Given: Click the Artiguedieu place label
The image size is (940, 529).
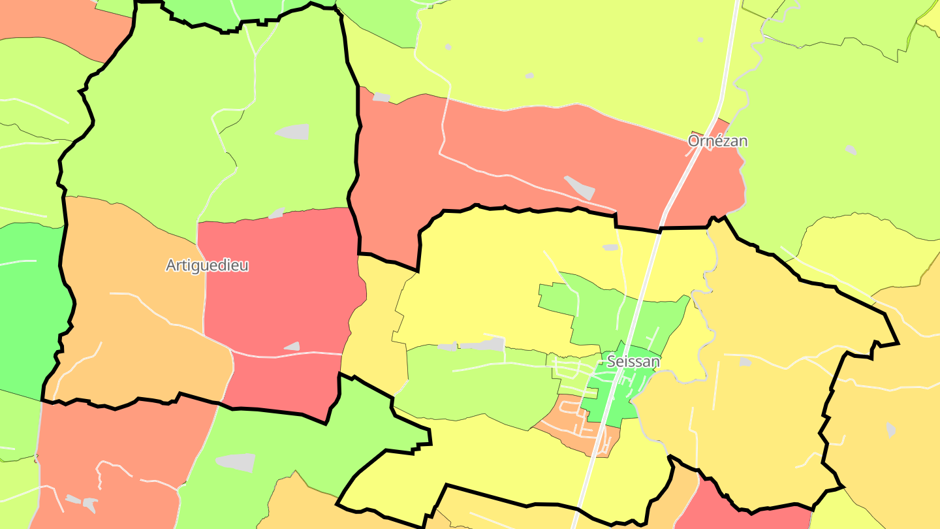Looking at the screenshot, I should click(207, 266).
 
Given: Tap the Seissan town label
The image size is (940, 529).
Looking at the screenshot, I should click(633, 361).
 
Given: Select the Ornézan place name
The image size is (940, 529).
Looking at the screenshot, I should click(717, 141).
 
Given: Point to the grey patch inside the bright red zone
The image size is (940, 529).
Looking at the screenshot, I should click(292, 346).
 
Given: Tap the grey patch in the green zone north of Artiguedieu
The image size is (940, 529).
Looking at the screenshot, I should click(292, 131).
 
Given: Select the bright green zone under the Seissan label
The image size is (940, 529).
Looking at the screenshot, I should click(610, 398).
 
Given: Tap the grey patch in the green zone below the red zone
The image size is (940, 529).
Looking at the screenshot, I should click(235, 462).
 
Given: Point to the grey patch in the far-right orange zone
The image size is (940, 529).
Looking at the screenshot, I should click(891, 430).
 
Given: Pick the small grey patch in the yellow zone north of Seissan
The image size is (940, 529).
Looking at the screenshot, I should click(610, 248).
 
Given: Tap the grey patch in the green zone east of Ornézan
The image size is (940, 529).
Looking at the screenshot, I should click(851, 150).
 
